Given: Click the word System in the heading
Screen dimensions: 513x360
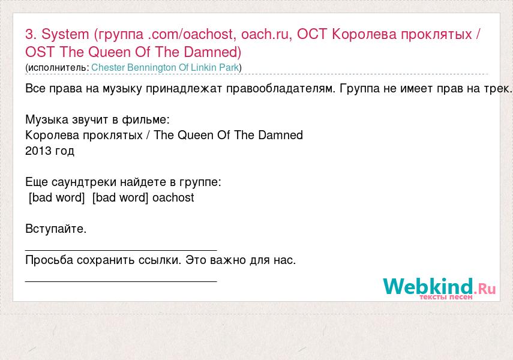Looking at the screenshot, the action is [65, 34].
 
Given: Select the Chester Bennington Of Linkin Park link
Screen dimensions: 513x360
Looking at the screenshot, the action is [165, 67].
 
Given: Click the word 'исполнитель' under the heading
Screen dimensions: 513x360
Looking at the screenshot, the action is [57, 68].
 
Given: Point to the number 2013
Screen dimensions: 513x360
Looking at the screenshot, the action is [38, 151].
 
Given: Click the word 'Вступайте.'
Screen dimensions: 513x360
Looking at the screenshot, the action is [56, 229].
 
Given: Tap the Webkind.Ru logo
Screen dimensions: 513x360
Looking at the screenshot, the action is [439, 288].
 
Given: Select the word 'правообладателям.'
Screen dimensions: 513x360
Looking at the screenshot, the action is [281, 88].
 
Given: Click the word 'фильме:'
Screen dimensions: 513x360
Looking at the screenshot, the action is [146, 120].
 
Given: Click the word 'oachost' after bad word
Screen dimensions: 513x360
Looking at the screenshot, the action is [173, 197].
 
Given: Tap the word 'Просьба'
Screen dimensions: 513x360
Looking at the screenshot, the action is [49, 260].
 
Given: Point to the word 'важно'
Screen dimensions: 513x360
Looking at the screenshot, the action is [228, 260].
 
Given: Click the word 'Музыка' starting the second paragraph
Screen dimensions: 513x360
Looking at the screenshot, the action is [46, 120].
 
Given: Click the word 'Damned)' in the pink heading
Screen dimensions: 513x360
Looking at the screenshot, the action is [212, 52].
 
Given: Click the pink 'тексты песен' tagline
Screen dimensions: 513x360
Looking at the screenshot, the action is [446, 297].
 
